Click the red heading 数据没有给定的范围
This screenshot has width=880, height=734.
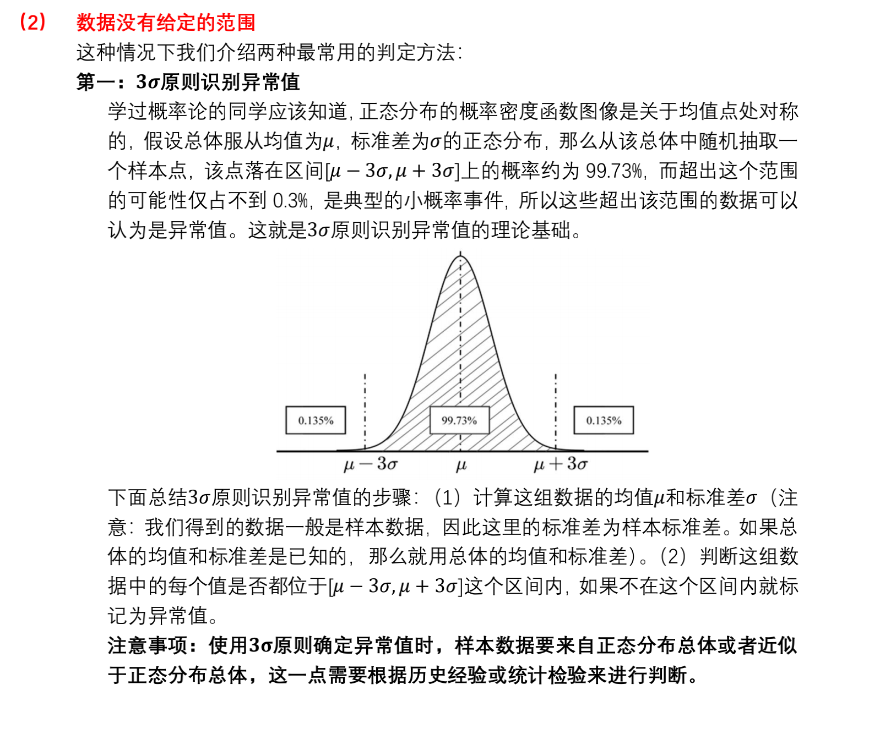click(x=166, y=23)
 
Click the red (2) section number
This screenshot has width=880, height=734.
click(x=32, y=22)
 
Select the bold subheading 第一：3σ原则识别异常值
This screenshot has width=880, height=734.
click(x=188, y=82)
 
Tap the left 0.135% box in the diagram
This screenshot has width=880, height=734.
click(x=316, y=420)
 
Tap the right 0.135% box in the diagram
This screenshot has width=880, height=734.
click(x=604, y=420)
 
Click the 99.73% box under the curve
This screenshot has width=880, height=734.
click(x=459, y=420)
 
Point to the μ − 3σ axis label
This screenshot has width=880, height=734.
click(x=370, y=464)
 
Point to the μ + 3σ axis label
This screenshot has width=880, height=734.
click(x=561, y=464)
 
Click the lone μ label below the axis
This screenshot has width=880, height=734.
click(x=461, y=465)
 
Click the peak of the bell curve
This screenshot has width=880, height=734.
click(x=461, y=256)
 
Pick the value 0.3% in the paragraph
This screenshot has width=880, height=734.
click(x=290, y=201)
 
